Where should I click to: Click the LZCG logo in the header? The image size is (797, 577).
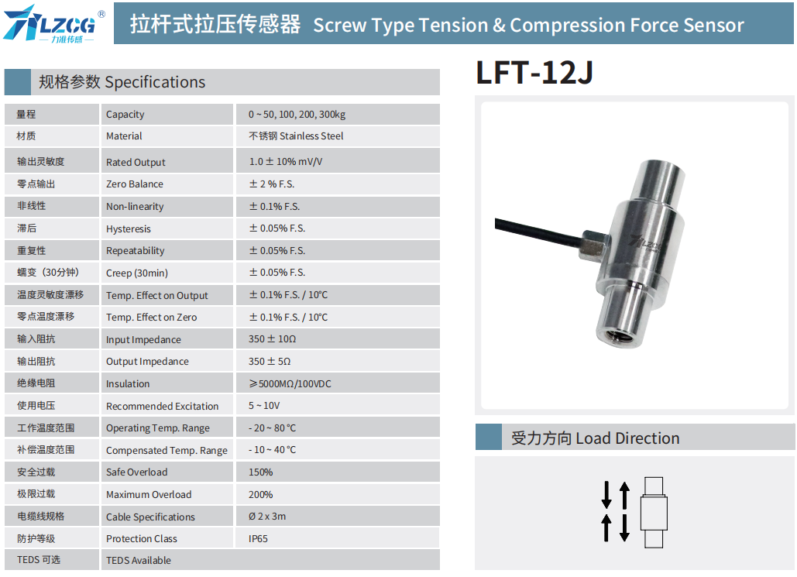[54, 24]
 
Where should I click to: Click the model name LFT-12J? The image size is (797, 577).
[534, 73]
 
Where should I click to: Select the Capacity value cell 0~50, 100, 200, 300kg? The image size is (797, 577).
[297, 115]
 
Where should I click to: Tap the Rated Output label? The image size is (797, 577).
[136, 162]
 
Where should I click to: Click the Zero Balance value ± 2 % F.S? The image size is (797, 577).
[272, 184]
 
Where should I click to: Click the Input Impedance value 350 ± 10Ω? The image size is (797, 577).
[272, 339]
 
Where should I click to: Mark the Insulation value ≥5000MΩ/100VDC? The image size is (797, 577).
[290, 384]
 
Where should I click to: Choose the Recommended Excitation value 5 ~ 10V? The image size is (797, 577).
[264, 406]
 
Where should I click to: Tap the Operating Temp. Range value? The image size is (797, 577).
[272, 428]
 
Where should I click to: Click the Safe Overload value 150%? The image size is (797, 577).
[260, 472]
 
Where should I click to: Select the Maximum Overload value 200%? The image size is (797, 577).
[260, 495]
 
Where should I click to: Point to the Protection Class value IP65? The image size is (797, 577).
[258, 539]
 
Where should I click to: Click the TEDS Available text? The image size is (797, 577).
[138, 560]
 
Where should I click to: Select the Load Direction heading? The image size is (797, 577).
[595, 438]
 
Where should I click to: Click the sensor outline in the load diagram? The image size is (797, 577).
[654, 513]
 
